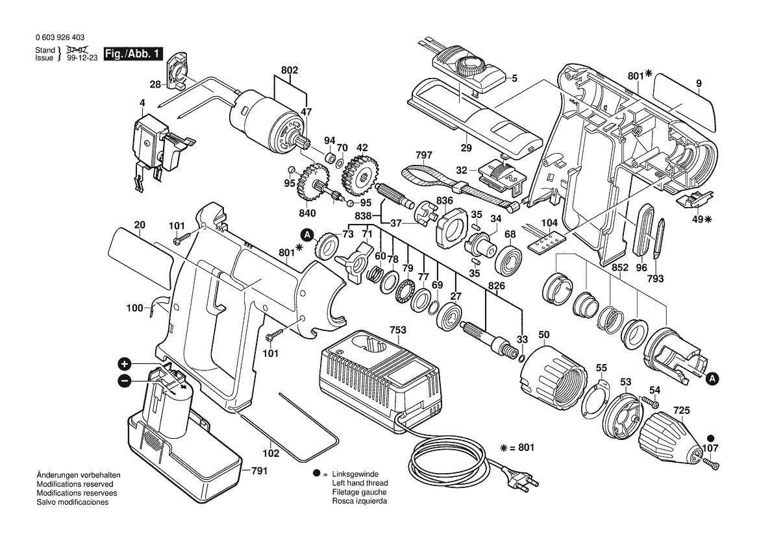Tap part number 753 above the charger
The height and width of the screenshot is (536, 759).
pyautogui.click(x=397, y=330)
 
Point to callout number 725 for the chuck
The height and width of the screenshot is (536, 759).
pyautogui.click(x=681, y=410)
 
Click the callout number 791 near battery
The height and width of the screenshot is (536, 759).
pyautogui.click(x=259, y=471)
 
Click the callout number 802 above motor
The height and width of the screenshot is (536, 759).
pyautogui.click(x=290, y=69)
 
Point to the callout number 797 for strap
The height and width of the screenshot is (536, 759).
pyautogui.click(x=423, y=155)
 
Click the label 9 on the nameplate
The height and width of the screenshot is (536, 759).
pyautogui.click(x=699, y=83)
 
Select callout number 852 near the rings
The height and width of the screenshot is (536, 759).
pyautogui.click(x=619, y=267)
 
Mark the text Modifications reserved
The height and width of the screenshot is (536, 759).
pyautogui.click(x=75, y=484)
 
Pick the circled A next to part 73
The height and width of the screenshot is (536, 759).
pyautogui.click(x=306, y=236)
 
